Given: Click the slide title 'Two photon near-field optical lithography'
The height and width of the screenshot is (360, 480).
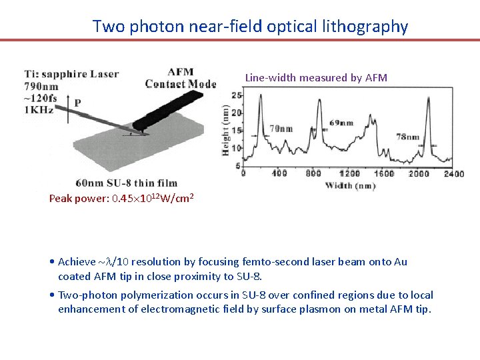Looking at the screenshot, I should coord(250,27).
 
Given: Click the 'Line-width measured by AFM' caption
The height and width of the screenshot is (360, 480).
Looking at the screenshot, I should coord(316,77).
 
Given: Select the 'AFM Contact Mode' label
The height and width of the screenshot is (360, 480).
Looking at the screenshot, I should coord(181,78).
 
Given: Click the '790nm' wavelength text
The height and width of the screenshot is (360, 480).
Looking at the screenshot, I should coord(43,87).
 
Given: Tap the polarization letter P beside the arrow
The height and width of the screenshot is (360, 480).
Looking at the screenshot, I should coord(78,103).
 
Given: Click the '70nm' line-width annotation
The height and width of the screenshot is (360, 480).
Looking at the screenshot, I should coord(281,129).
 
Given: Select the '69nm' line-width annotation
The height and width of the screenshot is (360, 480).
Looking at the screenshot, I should coord(341,123).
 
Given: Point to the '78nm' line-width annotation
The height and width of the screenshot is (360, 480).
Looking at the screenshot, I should coord(408,137).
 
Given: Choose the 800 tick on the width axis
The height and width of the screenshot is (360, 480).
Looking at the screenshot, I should coord(313,173).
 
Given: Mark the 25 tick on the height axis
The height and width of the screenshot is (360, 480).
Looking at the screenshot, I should coord(236,95).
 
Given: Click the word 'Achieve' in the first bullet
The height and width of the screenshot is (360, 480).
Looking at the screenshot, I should coord(77,262).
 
